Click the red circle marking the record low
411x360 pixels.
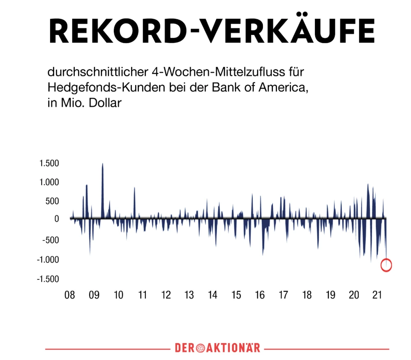386,265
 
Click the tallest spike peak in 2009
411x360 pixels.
102,164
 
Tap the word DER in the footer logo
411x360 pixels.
184,348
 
